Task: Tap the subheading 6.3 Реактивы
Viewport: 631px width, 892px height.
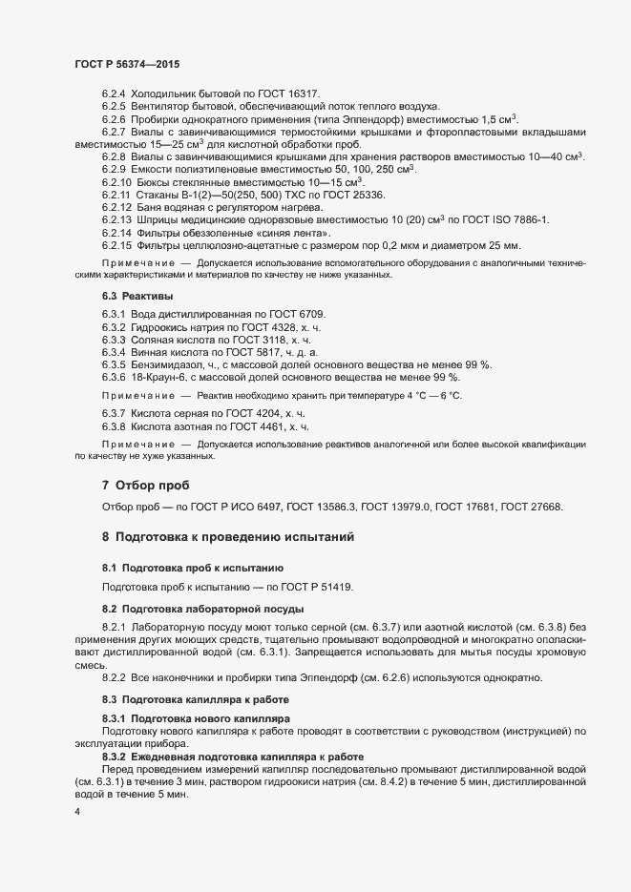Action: (x=132, y=298)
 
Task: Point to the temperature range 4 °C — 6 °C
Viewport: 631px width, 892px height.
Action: (x=423, y=396)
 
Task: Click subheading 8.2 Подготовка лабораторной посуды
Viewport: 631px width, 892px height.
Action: (x=197, y=608)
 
